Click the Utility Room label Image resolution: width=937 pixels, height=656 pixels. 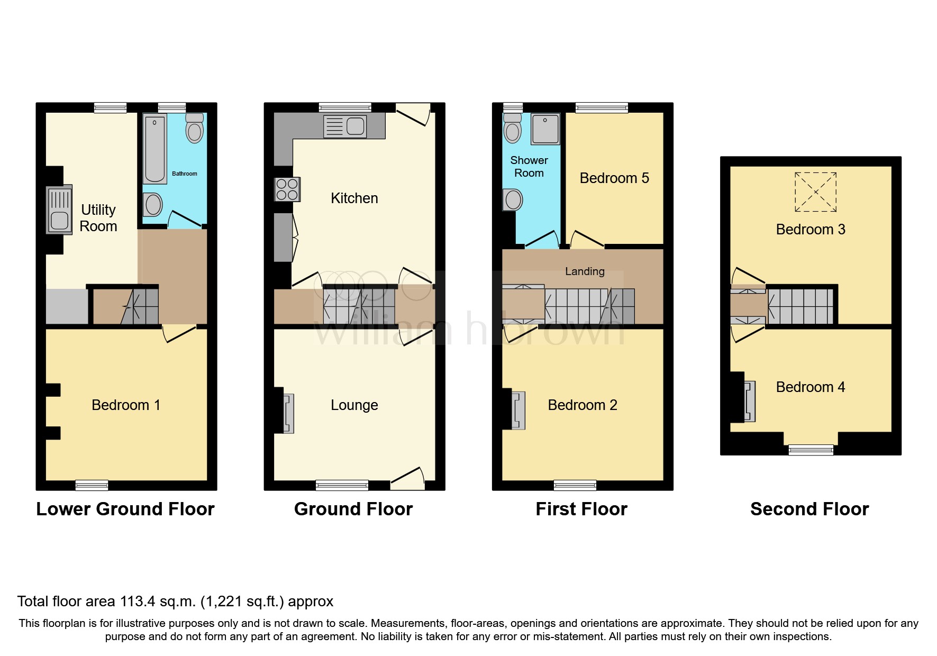98,218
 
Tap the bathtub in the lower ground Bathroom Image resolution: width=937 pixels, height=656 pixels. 155,149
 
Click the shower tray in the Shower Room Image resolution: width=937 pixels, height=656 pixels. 545,129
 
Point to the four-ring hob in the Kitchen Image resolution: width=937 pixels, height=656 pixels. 287,189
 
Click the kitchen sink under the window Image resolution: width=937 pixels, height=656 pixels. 345,126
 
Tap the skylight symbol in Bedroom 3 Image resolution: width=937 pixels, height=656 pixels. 815,192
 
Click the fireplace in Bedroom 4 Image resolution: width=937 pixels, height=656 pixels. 749,402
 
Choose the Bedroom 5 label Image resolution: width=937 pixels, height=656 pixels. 614,178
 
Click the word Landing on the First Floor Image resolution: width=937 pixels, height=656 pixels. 585,271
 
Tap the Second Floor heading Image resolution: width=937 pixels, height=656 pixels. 809,509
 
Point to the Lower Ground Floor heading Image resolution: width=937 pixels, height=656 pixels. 125,509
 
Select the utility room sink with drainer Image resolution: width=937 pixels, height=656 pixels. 59,210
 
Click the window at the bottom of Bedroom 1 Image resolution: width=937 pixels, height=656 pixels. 92,485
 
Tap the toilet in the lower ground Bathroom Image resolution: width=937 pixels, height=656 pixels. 195,129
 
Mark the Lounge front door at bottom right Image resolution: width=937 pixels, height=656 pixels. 408,478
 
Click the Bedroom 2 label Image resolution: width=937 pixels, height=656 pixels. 582,405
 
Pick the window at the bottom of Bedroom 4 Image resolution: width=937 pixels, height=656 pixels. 811,450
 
